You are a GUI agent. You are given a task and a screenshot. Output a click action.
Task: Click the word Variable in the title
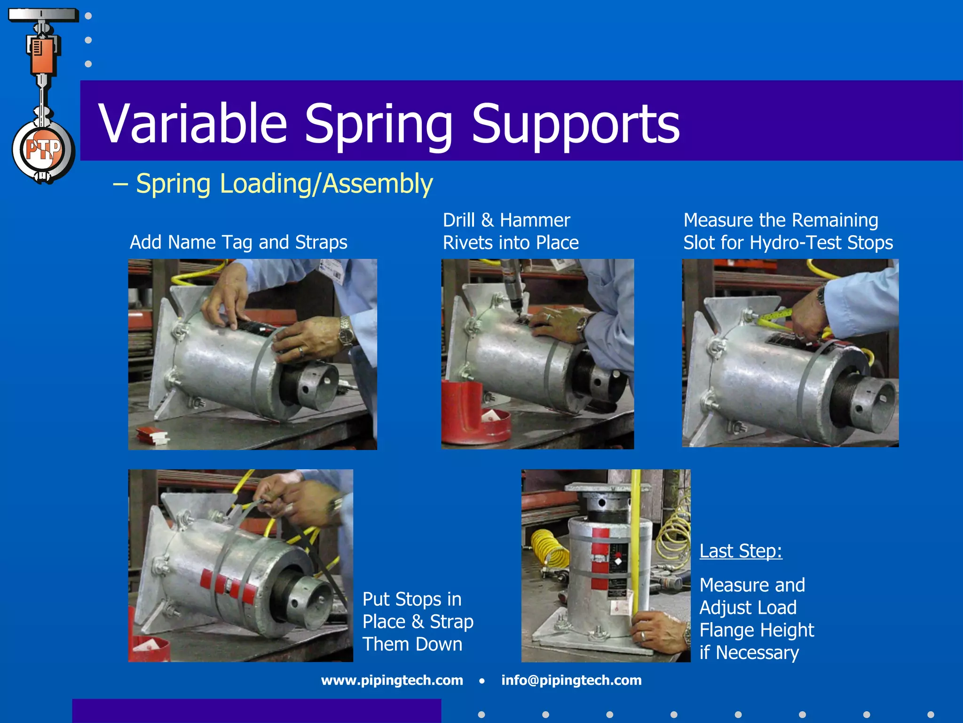[193, 123]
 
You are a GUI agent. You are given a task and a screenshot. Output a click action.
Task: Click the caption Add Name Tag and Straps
[238, 242]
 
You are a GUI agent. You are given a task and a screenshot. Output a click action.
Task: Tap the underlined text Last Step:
[741, 551]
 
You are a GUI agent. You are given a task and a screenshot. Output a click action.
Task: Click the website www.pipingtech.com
[392, 680]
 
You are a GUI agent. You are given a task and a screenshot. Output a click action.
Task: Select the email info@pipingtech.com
[571, 680]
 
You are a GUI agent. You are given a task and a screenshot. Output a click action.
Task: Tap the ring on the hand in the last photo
[643, 636]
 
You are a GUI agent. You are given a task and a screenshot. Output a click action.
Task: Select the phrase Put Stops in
[412, 599]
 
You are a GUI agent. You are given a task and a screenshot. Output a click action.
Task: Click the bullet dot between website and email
[482, 681]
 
